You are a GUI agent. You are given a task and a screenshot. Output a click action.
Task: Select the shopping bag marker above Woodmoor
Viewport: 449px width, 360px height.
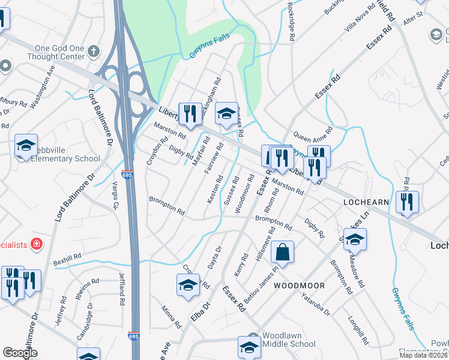(282, 253)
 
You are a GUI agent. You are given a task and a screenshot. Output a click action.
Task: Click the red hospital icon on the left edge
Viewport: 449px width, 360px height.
(37, 244)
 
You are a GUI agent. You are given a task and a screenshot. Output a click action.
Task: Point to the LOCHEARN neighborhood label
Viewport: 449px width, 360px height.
(367, 203)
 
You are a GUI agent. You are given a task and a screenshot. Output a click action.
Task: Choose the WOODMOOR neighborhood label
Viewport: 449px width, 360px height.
(299, 286)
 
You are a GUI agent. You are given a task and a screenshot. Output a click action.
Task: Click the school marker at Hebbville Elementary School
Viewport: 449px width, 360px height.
(26, 146)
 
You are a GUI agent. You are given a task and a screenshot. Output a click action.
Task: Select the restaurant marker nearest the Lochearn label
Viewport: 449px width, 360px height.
(407, 202)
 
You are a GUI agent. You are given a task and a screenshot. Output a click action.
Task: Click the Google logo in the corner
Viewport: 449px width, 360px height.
(20, 353)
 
